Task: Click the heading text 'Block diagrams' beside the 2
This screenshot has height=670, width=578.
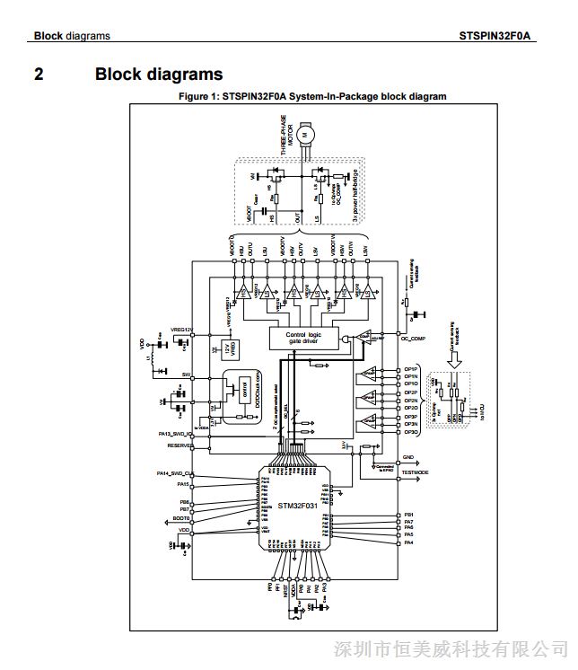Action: [x=159, y=75]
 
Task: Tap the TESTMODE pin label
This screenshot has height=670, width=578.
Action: [x=415, y=472]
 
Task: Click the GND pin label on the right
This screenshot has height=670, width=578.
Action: [x=409, y=457]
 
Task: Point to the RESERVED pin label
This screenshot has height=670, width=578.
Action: [x=180, y=445]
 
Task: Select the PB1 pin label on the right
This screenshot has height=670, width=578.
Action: [x=409, y=515]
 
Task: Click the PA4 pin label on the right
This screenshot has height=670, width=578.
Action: [x=409, y=542]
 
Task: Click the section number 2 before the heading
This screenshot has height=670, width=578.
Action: [x=39, y=75]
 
